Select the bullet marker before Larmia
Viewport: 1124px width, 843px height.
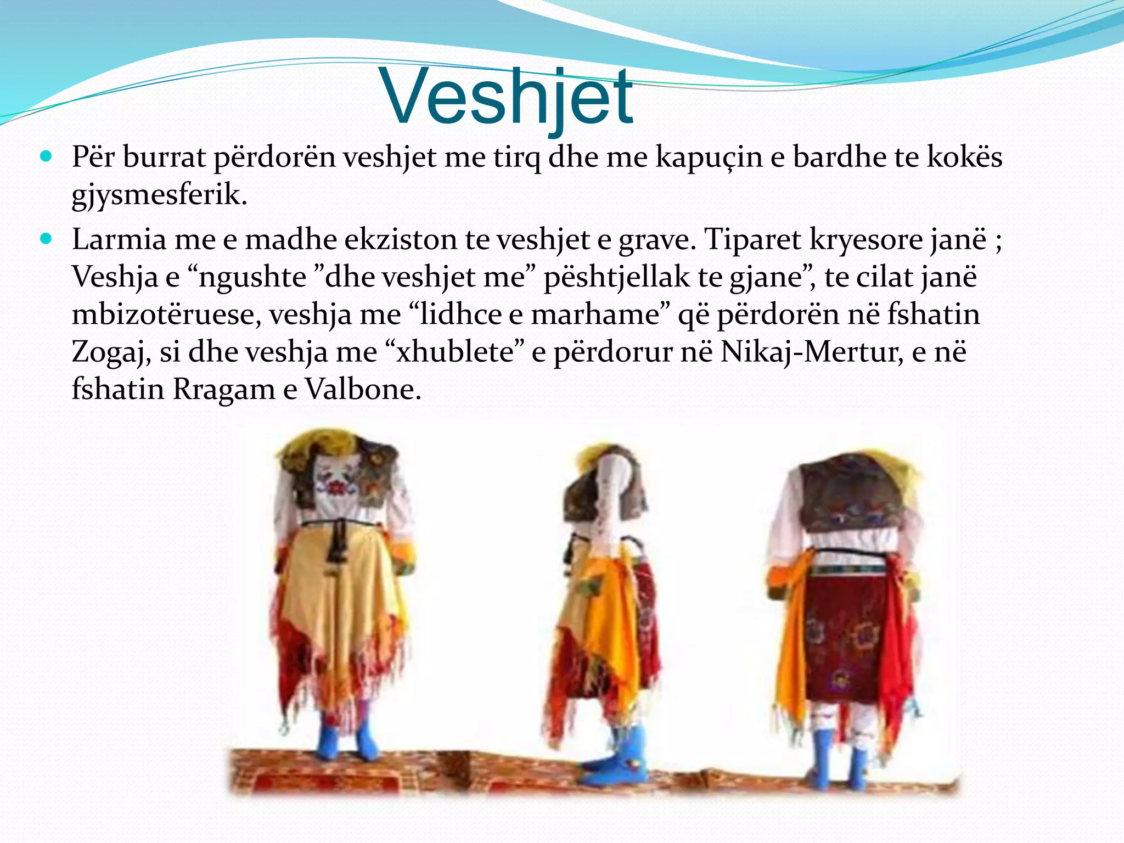46,239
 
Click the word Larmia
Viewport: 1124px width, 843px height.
119,240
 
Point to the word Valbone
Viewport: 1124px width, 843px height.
363,390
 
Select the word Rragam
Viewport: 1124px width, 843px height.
224,390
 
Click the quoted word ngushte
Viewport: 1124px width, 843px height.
252,277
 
